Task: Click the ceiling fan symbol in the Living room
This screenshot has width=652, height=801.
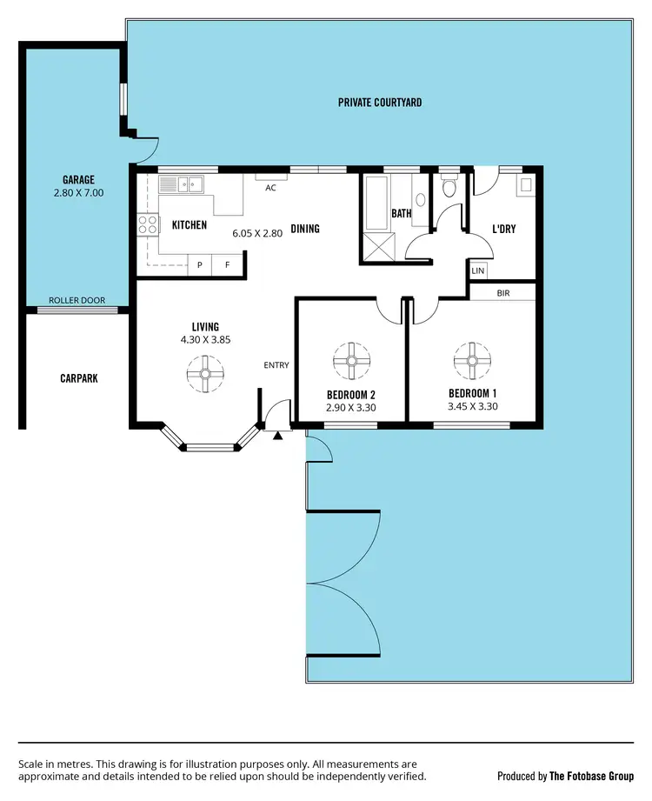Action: point(205,374)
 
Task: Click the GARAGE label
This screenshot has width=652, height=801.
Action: point(78,180)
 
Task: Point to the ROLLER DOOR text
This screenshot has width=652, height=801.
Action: point(77,301)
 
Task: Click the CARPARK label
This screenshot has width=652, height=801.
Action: point(78,378)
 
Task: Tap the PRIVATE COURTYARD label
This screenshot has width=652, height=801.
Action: point(380,103)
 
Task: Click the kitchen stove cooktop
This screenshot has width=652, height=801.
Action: point(148,224)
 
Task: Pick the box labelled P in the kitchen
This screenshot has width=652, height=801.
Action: point(200,264)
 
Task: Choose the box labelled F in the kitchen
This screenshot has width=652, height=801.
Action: point(228,264)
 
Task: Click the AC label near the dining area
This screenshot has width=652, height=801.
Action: point(270,187)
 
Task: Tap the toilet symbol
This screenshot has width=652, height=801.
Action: point(449,186)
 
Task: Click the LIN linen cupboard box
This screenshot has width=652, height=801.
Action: point(477,270)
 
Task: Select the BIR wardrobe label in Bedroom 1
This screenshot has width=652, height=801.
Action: point(502,293)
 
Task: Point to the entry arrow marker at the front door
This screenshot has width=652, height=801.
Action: point(277,435)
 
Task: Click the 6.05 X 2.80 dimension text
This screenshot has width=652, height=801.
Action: point(257,233)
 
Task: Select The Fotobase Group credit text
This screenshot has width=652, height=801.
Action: point(591,775)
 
